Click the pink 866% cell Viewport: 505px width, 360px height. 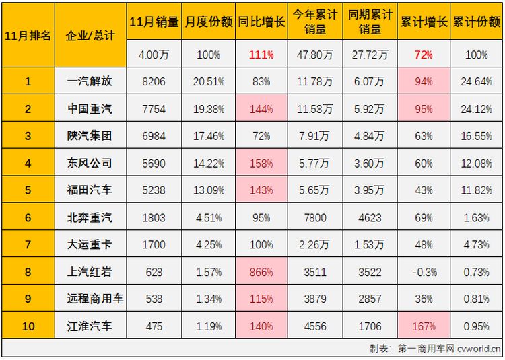pyautogui.click(x=261, y=272)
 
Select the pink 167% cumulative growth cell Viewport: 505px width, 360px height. pyautogui.click(x=424, y=326)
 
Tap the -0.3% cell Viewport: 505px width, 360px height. pyautogui.click(x=424, y=272)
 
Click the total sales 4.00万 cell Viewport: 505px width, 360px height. pyautogui.click(x=154, y=55)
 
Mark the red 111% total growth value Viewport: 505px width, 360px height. pyautogui.click(x=261, y=55)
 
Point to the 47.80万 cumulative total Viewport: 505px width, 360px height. pyautogui.click(x=314, y=55)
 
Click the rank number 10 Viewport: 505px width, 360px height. pyautogui.click(x=28, y=326)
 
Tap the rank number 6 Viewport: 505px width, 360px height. pyautogui.click(x=28, y=217)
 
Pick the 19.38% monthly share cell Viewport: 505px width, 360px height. pyautogui.click(x=208, y=109)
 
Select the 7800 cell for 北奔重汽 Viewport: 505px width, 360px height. pyautogui.click(x=314, y=217)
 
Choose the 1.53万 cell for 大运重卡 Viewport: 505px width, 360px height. pyautogui.click(x=369, y=245)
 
